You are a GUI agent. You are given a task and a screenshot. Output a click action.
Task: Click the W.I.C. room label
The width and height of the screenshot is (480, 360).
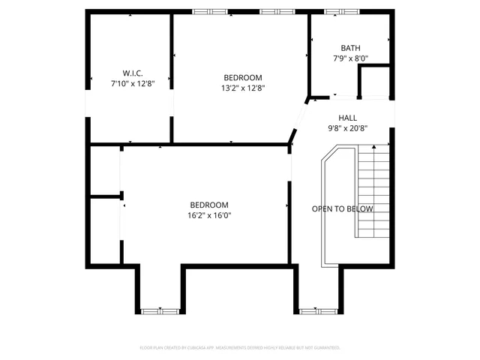click(x=133, y=73)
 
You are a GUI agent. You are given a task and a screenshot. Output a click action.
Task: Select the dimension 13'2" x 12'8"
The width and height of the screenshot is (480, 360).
click(x=243, y=88)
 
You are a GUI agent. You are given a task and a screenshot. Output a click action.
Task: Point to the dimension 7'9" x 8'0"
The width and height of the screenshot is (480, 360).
click(x=350, y=58)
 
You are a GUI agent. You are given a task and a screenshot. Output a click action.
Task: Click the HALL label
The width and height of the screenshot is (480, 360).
click(x=347, y=118)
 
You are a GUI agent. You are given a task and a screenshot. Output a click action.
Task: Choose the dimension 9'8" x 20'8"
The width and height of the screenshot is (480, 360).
click(x=347, y=128)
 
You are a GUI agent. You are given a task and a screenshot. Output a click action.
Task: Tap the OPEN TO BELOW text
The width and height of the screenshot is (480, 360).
click(x=342, y=208)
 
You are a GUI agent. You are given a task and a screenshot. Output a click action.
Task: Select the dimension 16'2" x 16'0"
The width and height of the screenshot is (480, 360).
click(x=209, y=215)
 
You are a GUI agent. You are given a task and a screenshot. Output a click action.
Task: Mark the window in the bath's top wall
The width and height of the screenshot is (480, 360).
click(x=335, y=11)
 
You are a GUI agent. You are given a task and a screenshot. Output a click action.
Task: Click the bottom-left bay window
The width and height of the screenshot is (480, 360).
click(x=160, y=309)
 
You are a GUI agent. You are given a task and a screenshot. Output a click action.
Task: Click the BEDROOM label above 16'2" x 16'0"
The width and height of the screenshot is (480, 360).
click(x=209, y=205)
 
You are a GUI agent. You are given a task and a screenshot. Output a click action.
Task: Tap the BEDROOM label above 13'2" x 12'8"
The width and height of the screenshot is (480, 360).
click(x=243, y=77)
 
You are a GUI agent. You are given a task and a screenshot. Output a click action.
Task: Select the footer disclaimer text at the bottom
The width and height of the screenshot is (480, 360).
click(x=240, y=348)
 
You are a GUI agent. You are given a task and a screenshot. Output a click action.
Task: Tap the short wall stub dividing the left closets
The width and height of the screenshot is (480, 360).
click(x=106, y=196)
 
